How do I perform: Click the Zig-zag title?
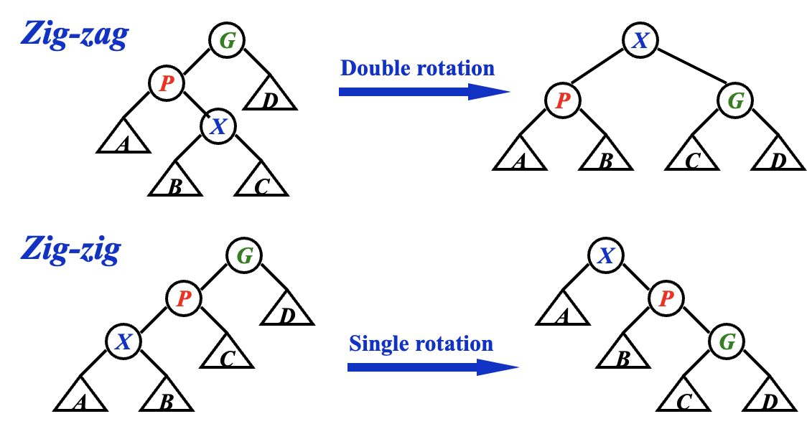[75, 34]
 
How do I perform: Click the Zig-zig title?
[70, 249]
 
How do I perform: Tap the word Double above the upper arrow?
[371, 68]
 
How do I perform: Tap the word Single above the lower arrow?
[377, 344]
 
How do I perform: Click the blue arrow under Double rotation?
[424, 92]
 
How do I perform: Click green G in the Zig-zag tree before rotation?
[227, 41]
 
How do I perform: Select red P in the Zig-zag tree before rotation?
[166, 83]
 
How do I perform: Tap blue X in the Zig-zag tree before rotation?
[218, 127]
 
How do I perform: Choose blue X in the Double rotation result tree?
[640, 41]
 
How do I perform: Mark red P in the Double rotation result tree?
[562, 100]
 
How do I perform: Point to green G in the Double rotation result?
[735, 100]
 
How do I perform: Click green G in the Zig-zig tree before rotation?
[244, 256]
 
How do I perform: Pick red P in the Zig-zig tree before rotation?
[183, 298]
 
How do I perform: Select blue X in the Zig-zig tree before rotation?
[123, 342]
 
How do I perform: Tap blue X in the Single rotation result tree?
[605, 256]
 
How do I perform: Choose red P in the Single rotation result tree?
[666, 298]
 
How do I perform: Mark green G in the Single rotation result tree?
[727, 342]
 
